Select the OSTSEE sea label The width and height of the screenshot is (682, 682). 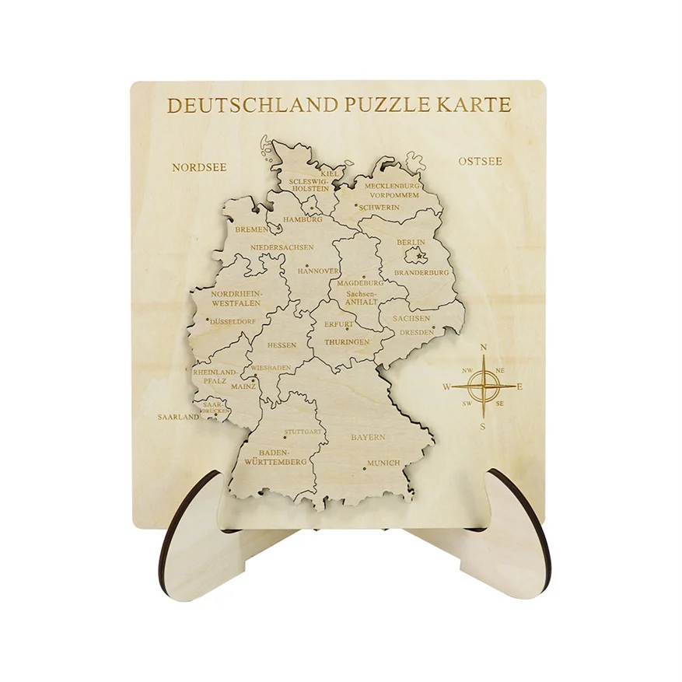tap(480, 162)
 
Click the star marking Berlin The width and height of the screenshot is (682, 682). tap(421, 256)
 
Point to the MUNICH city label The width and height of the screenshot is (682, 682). tap(383, 463)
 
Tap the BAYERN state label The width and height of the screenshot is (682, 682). tap(368, 437)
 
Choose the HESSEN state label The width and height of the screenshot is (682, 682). tap(282, 344)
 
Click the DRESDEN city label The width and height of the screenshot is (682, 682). tap(417, 332)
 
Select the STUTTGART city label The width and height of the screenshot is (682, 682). tap(303, 431)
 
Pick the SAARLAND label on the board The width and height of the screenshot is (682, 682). tap(179, 417)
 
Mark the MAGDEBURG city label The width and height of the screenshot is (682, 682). tap(361, 283)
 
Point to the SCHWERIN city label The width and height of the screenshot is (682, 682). tap(379, 208)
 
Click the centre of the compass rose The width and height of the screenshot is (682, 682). tap(484, 386)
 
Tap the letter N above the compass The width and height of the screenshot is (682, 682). tap(484, 348)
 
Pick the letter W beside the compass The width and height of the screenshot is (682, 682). tap(447, 386)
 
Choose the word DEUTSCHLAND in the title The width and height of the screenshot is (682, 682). tap(254, 105)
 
